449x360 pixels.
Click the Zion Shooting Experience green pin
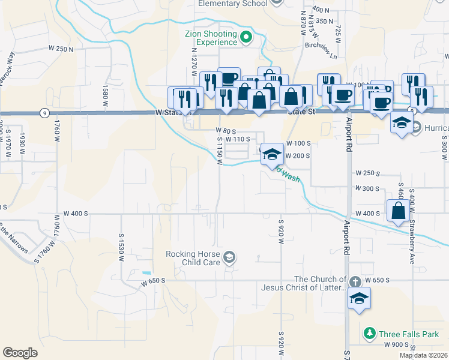246,38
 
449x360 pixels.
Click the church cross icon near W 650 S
355,281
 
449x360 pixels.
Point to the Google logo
20,353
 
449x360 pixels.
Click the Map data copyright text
424,355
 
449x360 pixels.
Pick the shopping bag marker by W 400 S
398,211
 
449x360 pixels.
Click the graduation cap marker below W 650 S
358,298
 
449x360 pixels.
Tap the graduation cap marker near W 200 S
272,155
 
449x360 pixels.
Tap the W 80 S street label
228,130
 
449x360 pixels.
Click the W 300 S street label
367,188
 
